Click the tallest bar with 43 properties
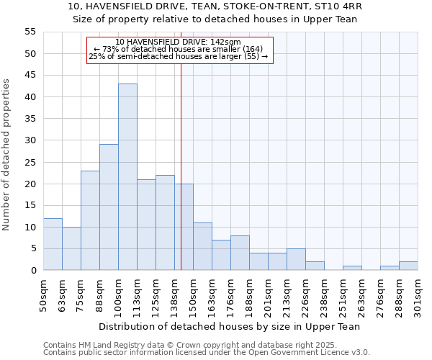pos(127,176)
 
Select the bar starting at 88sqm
pos(109,207)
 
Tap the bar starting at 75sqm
pos(90,220)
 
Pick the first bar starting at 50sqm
pos(53,244)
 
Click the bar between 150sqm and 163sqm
pos(202,246)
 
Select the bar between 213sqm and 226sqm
pos(296,259)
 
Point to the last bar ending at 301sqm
pos(408,266)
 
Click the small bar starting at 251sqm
pos(352,268)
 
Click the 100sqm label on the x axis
pos(118,293)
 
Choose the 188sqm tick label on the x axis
pos(249,293)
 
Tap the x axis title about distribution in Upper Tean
pos(230,326)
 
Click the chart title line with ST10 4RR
pos(215,6)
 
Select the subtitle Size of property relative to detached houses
pos(215,19)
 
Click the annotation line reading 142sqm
pos(179,42)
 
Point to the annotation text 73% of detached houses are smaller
pos(179,49)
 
